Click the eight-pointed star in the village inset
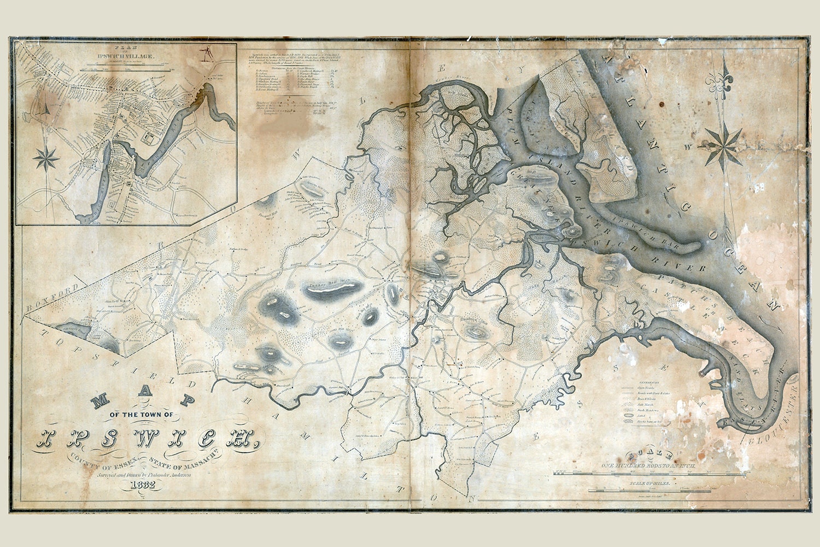coord(46,159)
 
